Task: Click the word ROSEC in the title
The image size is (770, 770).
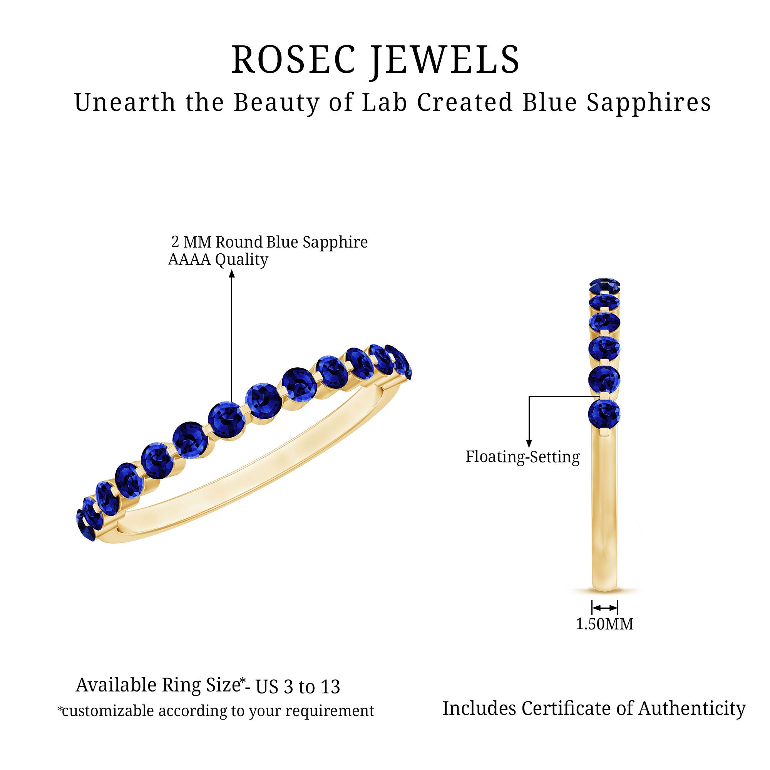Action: coord(294,60)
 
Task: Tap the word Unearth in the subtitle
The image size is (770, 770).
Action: coord(125,102)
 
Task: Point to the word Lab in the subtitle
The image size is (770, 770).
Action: coord(385,102)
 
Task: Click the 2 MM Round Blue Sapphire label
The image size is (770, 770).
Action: coord(269,242)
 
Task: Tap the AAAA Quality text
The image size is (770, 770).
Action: coord(218,260)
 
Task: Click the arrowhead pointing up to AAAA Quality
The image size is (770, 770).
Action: coord(232,274)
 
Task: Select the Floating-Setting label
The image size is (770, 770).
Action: coord(522,457)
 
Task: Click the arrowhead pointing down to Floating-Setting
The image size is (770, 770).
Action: coord(529,444)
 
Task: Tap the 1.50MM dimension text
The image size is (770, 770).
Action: coord(604,624)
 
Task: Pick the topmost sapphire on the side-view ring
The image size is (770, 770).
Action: coord(604,285)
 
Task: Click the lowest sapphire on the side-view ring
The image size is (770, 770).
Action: coord(604,415)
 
